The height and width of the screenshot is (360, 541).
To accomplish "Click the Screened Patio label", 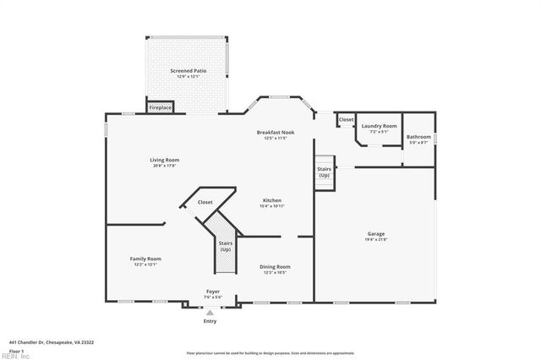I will point(188,71).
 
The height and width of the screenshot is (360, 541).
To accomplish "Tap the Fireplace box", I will point(161,108).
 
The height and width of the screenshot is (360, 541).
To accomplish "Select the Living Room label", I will point(165,160).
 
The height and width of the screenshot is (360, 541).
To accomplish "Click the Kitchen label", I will point(271,200).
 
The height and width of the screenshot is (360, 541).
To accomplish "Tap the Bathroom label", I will point(418,137).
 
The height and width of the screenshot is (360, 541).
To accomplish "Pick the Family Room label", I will point(145,259).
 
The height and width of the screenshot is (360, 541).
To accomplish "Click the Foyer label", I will point(213,292).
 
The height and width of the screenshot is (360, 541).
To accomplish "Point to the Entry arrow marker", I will point(210,312).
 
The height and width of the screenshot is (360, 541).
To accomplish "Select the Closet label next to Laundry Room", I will point(346,120).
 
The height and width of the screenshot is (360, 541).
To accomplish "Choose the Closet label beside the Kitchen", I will point(205,203).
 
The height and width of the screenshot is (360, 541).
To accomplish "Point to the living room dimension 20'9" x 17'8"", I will point(165,166).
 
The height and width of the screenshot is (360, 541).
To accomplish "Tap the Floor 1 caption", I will point(16,350).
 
